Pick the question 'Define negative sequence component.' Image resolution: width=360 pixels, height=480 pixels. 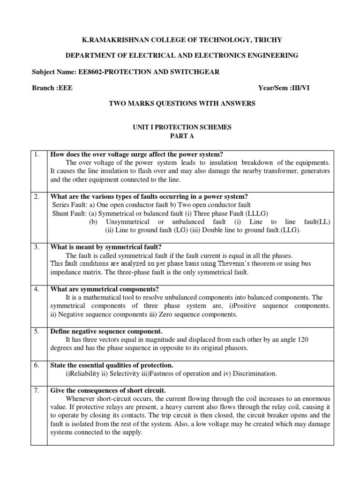pyautogui.click(x=106, y=331)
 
